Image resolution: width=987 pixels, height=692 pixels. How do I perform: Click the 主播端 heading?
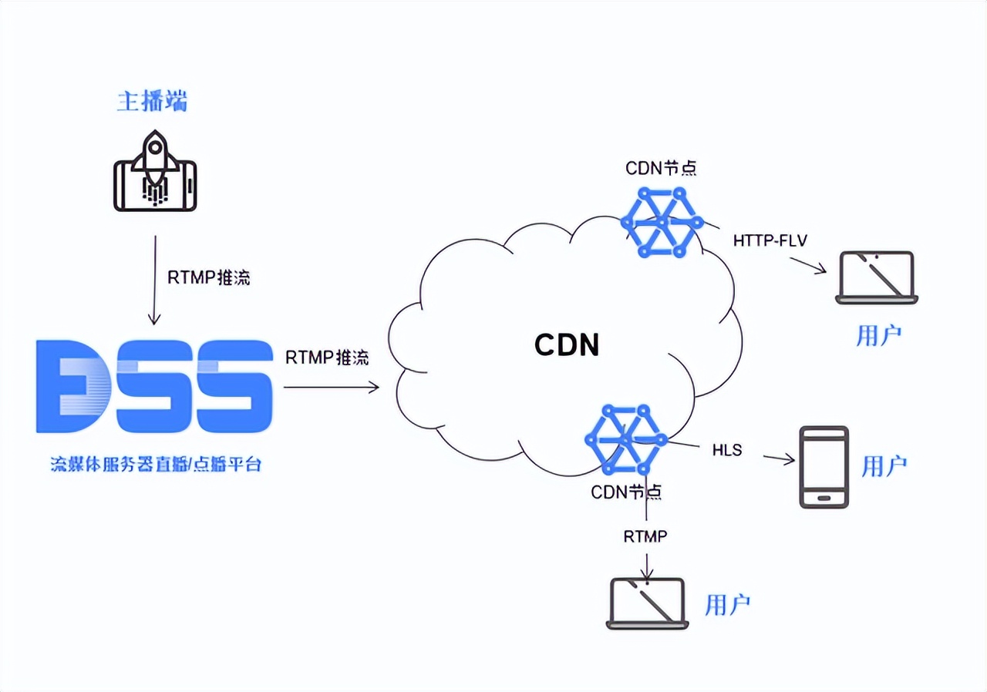click(152, 101)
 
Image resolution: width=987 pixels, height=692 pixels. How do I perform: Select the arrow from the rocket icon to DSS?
click(154, 280)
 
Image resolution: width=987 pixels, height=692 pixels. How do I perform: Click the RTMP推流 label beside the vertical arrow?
click(208, 277)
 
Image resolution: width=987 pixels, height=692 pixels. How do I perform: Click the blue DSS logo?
click(154, 385)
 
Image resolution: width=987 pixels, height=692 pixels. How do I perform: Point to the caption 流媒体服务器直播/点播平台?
click(156, 465)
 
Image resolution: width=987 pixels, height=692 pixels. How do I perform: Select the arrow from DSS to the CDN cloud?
click(332, 388)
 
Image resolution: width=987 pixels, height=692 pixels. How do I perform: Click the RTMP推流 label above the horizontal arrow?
click(326, 358)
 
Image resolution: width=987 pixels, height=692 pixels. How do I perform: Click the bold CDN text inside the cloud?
click(567, 344)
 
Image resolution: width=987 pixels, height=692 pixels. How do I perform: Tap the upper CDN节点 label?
click(661, 168)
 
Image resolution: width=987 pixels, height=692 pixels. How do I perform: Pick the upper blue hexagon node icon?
click(662, 222)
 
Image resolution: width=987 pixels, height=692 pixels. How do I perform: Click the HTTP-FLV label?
click(770, 240)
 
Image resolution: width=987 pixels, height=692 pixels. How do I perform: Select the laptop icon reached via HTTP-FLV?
click(877, 277)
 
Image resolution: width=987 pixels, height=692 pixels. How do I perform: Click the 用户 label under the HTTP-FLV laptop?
click(878, 336)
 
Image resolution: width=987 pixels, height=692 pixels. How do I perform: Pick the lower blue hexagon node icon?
click(625, 440)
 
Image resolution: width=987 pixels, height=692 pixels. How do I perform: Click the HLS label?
click(727, 450)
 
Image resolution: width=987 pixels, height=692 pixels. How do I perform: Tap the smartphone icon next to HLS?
click(824, 467)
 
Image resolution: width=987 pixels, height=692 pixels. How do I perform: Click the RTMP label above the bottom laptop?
click(645, 536)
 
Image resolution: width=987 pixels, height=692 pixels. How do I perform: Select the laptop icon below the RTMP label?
click(647, 603)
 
